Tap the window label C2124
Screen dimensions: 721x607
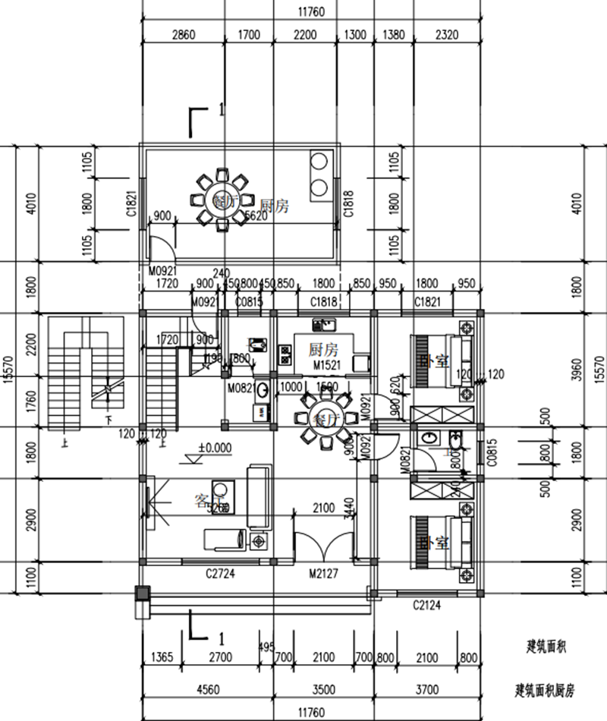pyautogui.click(x=427, y=605)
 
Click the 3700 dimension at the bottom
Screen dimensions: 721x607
pyautogui.click(x=427, y=690)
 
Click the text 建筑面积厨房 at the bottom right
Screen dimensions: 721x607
pyautogui.click(x=546, y=690)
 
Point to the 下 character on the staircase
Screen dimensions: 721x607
pyautogui.click(x=109, y=418)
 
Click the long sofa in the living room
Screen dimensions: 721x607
pyautogui.click(x=259, y=498)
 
